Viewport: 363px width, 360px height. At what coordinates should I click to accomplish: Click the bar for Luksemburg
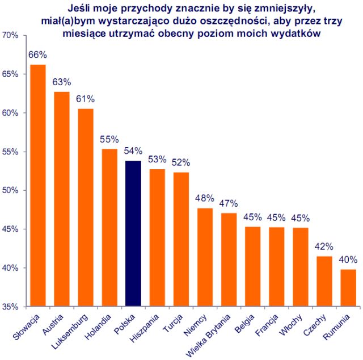coord(85,207)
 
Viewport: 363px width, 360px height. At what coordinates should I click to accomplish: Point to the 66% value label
coord(37,55)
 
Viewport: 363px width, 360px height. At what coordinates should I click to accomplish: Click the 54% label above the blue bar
coord(133,151)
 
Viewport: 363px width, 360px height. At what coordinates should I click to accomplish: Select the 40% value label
coord(348,260)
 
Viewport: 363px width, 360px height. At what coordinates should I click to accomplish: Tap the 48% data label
coord(205,199)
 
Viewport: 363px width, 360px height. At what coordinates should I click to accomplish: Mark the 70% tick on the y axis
coord(11,35)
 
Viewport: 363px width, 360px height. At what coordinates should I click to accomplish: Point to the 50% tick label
coord(11,190)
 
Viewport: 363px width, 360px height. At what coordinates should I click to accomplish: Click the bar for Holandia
coord(109,227)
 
